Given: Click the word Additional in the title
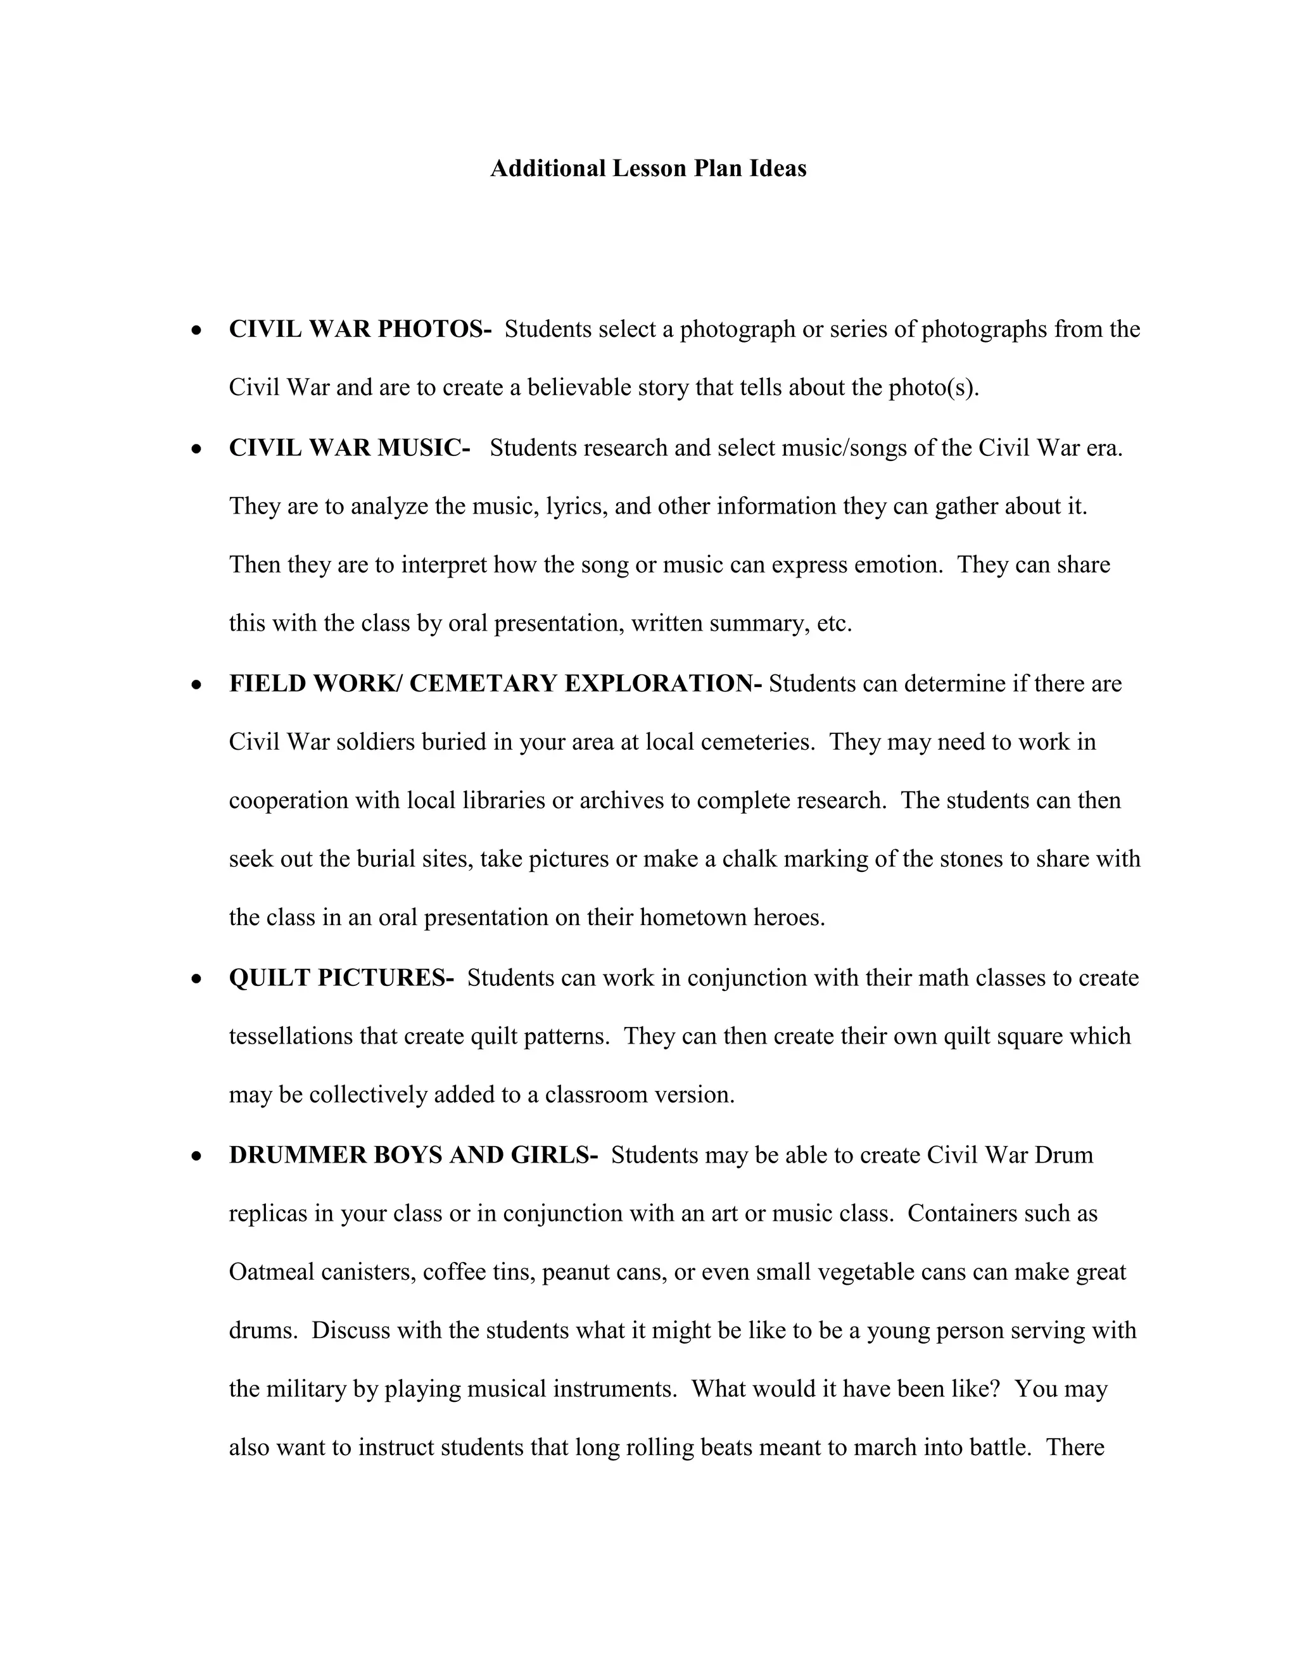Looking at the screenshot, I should coord(548,168).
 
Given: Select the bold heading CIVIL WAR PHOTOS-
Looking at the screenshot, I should coord(360,330).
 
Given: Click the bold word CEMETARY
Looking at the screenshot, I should coord(483,683).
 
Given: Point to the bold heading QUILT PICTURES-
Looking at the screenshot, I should coord(341,978).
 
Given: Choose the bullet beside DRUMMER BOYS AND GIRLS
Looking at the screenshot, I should coord(198,1156).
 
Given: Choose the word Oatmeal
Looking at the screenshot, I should coord(271,1272).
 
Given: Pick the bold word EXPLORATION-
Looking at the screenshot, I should coord(663,683).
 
